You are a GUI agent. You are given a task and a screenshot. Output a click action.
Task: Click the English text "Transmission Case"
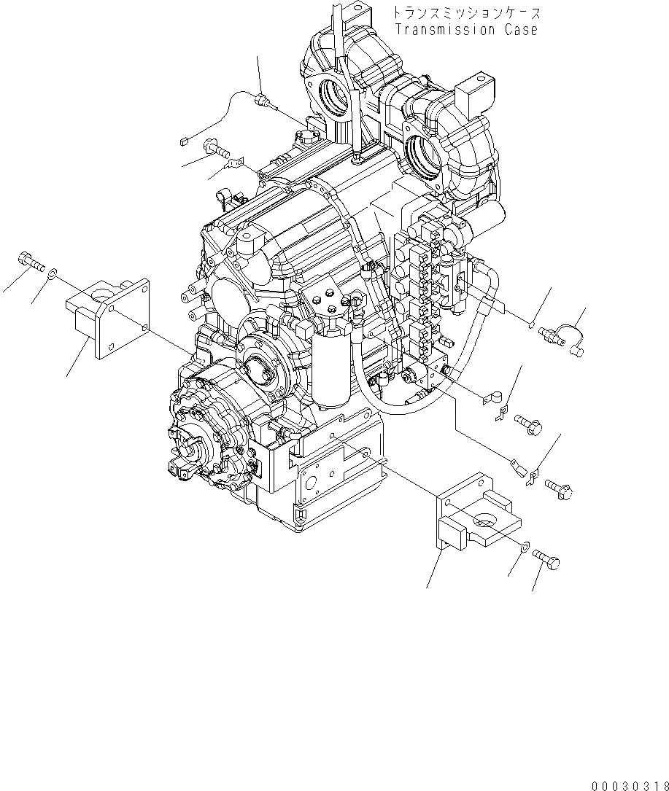click(465, 30)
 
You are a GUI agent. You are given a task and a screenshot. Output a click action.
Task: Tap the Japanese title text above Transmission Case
click(465, 12)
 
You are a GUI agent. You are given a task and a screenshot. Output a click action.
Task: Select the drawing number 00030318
click(630, 780)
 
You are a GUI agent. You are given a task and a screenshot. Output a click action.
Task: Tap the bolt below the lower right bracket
click(548, 560)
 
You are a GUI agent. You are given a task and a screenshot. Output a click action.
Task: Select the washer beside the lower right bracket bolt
click(526, 546)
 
